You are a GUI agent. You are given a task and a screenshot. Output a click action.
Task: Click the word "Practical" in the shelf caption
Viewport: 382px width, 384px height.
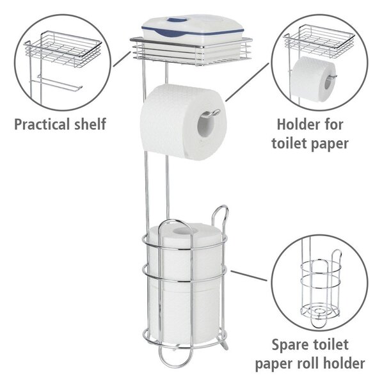pos(43,124)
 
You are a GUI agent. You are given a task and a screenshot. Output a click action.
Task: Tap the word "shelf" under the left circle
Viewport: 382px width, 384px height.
pos(90,124)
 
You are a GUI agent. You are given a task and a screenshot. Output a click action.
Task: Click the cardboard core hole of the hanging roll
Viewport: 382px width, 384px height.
pos(205,125)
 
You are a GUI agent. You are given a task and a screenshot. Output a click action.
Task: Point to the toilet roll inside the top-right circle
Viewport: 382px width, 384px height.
pos(314,79)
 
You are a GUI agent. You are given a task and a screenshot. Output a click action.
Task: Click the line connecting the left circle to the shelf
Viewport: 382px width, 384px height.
pos(122,58)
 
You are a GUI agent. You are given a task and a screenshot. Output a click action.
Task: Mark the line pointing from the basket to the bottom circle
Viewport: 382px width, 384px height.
pos(248,276)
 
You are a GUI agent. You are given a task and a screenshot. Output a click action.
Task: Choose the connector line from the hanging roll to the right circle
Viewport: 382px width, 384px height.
pos(247,82)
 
